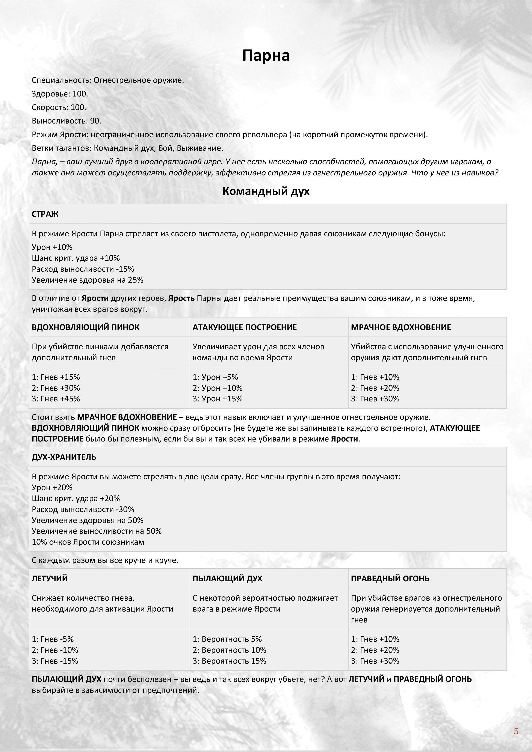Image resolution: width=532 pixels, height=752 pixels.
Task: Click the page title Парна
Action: (x=266, y=55)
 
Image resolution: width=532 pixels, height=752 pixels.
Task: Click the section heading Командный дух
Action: (x=266, y=191)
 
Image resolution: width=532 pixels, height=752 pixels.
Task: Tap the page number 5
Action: (x=516, y=731)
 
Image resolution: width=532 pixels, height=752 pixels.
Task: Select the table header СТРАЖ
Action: (x=45, y=214)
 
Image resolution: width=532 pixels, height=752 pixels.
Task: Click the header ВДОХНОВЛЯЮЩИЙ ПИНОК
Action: (x=86, y=327)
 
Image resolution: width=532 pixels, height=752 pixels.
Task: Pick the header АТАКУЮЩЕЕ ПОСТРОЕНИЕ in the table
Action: (x=244, y=327)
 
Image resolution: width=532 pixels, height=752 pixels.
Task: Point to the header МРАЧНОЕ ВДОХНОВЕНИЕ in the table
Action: (x=401, y=327)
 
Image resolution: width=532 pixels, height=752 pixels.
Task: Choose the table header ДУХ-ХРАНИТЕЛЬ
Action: (x=64, y=457)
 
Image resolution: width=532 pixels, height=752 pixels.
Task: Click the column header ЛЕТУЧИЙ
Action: (x=50, y=578)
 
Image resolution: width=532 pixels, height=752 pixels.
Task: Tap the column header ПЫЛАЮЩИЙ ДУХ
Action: (x=227, y=578)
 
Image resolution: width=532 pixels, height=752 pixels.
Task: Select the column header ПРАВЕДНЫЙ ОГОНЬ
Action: (x=390, y=578)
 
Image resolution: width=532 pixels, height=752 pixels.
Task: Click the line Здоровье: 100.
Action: (x=60, y=94)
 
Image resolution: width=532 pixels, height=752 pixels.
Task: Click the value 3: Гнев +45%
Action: (x=56, y=399)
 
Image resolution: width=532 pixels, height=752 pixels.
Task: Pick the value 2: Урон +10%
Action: (x=218, y=388)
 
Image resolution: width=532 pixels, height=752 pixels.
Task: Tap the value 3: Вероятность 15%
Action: (x=229, y=661)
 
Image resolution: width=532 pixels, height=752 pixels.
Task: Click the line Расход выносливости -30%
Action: (x=83, y=509)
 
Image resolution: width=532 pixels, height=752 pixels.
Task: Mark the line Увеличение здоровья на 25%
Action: (x=88, y=280)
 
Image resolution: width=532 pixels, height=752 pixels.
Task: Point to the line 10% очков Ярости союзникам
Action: (x=88, y=542)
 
